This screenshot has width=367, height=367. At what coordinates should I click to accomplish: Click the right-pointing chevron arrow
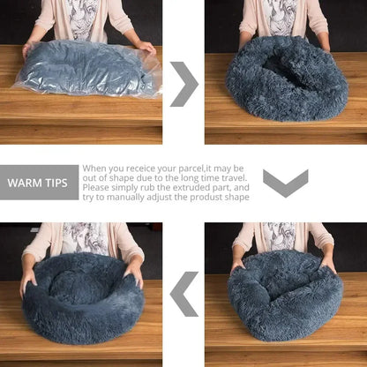(x=183, y=84)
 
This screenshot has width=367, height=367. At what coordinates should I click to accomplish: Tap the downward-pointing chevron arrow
(x=285, y=183)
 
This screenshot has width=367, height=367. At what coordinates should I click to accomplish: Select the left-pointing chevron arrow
(x=183, y=294)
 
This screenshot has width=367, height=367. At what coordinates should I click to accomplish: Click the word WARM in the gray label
(x=26, y=183)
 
